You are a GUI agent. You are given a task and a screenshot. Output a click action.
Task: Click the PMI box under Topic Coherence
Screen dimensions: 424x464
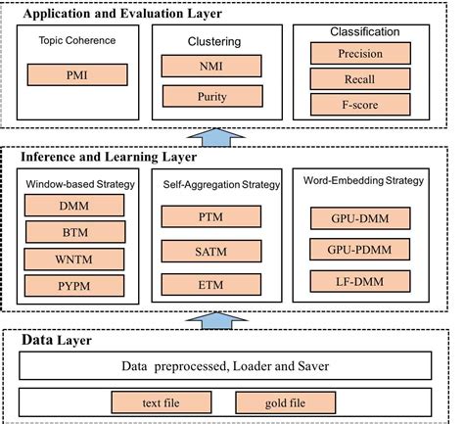[x=75, y=74]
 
